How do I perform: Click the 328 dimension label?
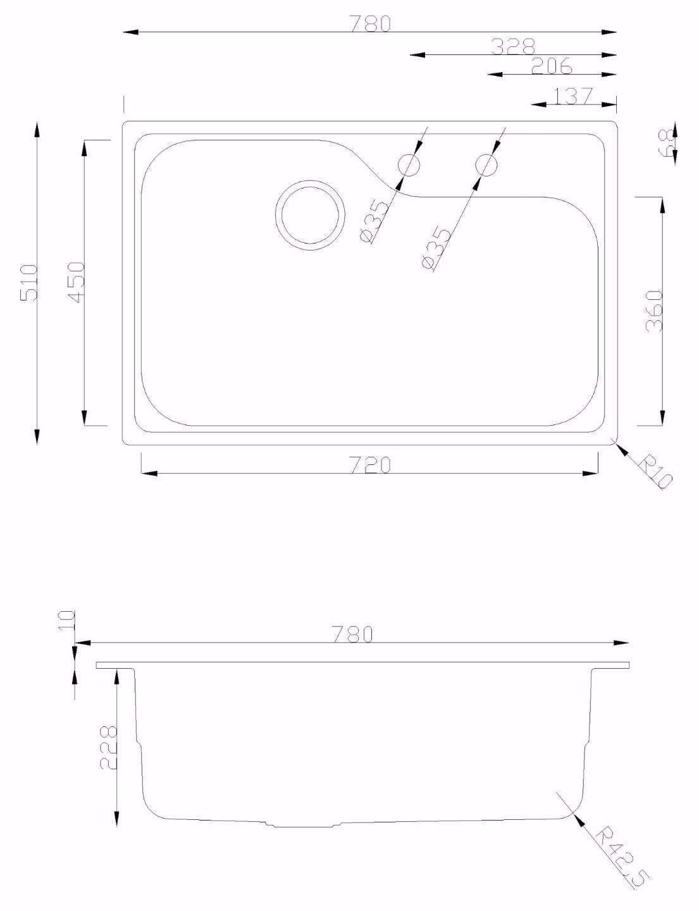coord(513,46)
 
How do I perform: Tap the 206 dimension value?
coord(551,66)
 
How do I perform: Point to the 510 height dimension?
coord(30,282)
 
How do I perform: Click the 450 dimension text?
coord(77,282)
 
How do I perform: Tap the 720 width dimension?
coord(370,465)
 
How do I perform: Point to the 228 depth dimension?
coord(108,747)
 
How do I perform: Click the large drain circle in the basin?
coord(311,214)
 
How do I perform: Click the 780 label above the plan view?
coord(370,23)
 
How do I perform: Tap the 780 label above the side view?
coord(352,634)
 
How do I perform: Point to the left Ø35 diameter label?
coord(373,221)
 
